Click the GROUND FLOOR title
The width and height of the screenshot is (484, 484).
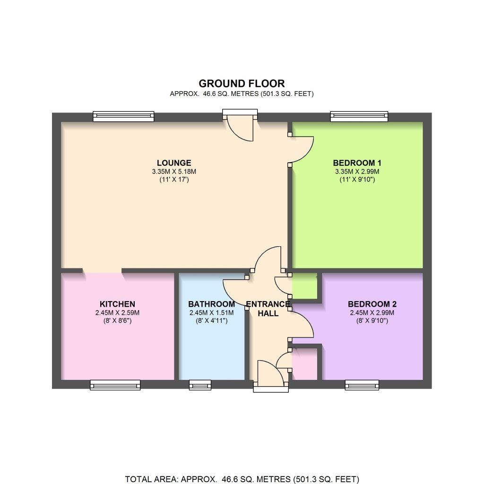(x=242, y=84)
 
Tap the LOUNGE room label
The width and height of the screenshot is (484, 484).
(x=174, y=163)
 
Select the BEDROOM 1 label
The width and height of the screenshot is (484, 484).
(x=357, y=163)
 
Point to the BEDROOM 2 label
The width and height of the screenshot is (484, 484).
(x=372, y=304)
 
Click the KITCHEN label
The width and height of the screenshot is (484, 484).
(x=117, y=304)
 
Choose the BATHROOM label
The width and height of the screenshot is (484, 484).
(x=211, y=304)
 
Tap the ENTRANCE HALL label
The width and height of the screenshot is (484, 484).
(x=268, y=309)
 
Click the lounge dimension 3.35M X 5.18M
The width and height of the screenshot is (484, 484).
(x=174, y=172)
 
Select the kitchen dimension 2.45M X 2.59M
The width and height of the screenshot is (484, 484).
(x=117, y=313)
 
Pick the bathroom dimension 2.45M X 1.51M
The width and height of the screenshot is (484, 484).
(x=211, y=313)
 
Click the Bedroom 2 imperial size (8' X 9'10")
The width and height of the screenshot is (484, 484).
(x=372, y=321)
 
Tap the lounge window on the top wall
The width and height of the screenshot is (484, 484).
(x=123, y=116)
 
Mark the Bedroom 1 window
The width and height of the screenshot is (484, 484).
(x=359, y=116)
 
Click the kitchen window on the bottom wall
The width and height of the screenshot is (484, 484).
(x=115, y=385)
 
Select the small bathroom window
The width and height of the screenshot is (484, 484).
(x=200, y=385)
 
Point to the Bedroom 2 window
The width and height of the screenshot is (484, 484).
(x=362, y=385)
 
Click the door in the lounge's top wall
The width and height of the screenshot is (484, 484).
(x=240, y=124)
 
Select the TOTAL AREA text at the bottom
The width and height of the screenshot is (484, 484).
(x=242, y=479)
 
